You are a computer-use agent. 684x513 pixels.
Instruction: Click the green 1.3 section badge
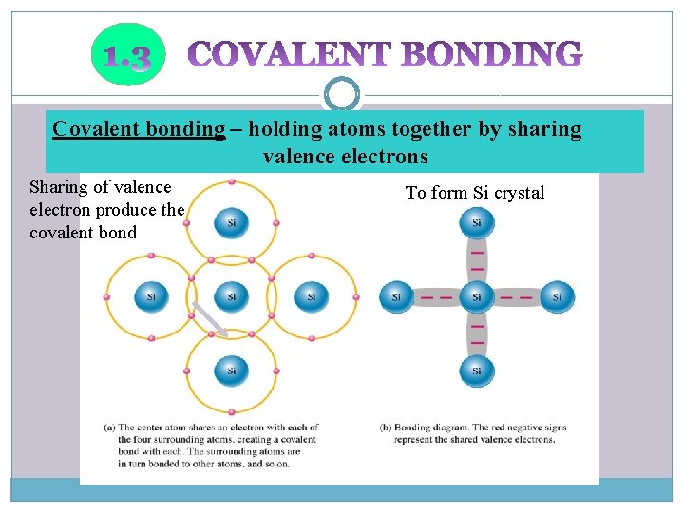[126, 55]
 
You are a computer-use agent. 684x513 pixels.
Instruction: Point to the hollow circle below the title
[342, 94]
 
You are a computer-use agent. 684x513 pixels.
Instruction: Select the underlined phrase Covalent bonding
[139, 129]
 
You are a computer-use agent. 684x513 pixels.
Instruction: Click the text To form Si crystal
[475, 193]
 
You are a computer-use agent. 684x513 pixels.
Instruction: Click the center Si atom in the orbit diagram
[231, 296]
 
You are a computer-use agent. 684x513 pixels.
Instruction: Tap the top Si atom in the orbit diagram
[231, 223]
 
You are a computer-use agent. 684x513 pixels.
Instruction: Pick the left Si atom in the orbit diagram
[150, 296]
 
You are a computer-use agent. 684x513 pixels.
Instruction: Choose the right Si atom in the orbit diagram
[312, 296]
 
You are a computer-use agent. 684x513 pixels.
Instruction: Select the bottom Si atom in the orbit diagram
[231, 370]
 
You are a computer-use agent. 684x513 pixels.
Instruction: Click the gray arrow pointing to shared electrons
[210, 319]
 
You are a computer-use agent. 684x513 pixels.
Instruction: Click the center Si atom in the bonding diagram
[476, 296]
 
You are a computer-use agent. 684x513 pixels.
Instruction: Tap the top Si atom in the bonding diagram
[476, 223]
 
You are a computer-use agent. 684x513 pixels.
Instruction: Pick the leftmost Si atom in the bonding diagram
[396, 296]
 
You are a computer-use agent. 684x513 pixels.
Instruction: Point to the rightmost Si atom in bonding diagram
[557, 296]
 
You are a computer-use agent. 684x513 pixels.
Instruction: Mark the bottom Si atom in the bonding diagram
[476, 370]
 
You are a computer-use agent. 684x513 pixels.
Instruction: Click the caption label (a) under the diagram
[109, 428]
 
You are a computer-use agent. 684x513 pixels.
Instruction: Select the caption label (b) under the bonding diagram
[386, 428]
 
